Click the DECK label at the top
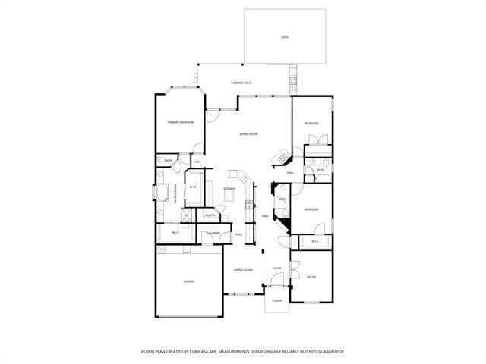click(x=285, y=36)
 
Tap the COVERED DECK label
click(x=241, y=83)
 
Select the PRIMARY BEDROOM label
click(x=181, y=122)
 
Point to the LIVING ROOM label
click(x=249, y=134)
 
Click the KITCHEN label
click(x=229, y=189)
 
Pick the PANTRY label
click(x=210, y=215)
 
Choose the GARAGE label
click(x=189, y=281)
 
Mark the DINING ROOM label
click(x=243, y=271)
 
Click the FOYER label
click(x=277, y=268)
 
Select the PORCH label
click(x=276, y=300)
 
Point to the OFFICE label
click(x=311, y=277)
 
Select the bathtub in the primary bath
click(x=162, y=192)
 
